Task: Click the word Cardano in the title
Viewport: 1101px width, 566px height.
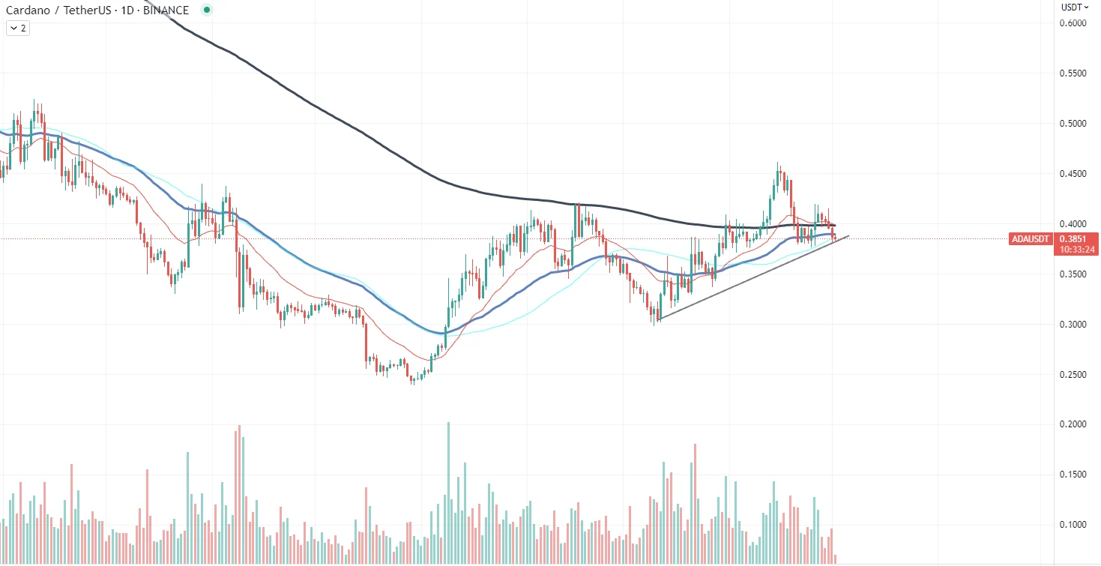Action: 27,10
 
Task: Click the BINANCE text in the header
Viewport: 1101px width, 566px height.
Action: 166,10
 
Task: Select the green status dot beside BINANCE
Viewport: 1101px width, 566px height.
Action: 206,10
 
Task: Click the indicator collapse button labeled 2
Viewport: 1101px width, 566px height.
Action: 17,28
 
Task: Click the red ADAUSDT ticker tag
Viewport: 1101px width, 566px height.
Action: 1031,239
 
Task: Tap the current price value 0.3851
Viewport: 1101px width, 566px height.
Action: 1076,239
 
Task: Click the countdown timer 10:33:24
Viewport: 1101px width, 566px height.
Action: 1076,250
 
